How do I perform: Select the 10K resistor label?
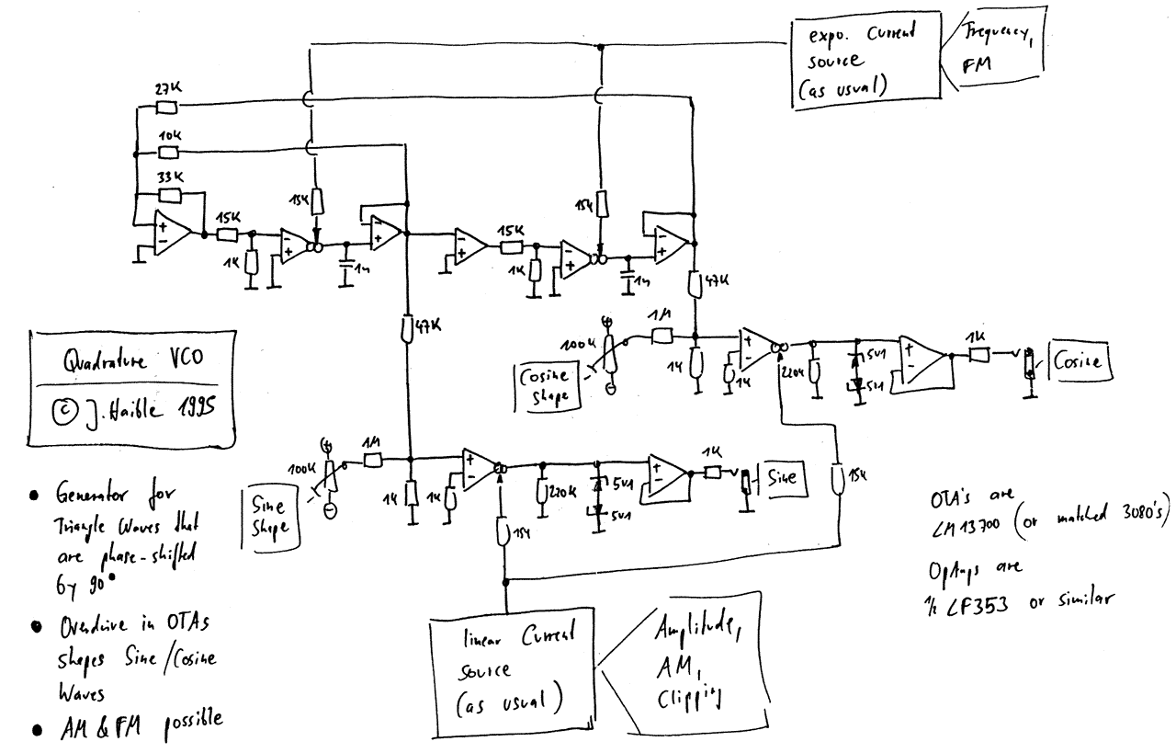[x=169, y=134]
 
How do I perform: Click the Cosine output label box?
[x=1082, y=360]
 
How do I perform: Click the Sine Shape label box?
[x=269, y=513]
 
